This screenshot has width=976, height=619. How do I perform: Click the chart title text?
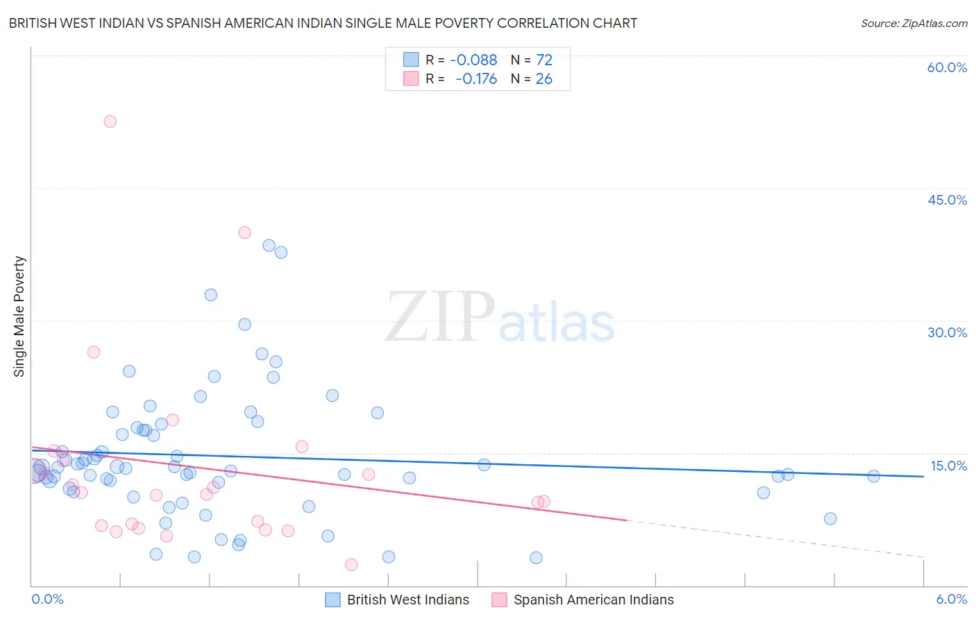323,23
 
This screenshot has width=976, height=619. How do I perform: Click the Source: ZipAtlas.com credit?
914,23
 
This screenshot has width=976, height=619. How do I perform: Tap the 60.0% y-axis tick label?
947,67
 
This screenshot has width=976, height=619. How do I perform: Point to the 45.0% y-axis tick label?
947,200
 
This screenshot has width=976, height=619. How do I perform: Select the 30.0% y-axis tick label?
947,332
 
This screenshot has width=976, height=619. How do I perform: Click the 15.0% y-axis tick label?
948,466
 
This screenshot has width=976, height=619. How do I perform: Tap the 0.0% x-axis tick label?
47,599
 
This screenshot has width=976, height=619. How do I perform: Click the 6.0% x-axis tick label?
951,599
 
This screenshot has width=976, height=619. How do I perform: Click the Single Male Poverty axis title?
19,316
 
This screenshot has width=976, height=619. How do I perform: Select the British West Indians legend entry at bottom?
407,600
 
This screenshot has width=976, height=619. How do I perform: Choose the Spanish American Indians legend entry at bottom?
593,600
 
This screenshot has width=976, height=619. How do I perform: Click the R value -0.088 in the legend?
473,60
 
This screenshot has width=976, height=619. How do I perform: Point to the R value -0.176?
476,79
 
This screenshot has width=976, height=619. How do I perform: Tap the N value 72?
544,60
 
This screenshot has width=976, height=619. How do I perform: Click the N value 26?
544,79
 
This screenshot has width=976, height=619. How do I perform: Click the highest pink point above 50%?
110,121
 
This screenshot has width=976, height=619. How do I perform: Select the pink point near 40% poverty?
244,232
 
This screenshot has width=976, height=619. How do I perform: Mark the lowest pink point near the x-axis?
351,565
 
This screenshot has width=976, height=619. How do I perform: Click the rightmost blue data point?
873,476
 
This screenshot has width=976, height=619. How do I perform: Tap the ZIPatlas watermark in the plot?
500,318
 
